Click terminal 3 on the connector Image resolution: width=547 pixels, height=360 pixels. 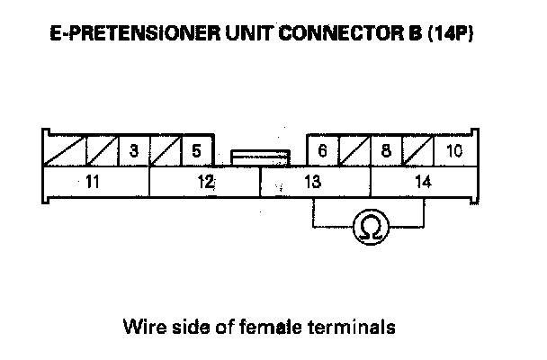coord(133,150)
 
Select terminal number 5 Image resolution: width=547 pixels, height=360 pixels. coord(196,150)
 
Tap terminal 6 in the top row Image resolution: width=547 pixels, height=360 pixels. coord(322,150)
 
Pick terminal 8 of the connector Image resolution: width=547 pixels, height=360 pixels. coord(385,150)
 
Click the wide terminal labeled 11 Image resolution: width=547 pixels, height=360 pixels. coord(92,182)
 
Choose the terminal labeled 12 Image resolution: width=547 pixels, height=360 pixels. coord(205,182)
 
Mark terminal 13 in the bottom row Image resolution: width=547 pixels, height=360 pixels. coord(314,182)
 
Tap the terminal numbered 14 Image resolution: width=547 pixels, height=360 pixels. coord(423,182)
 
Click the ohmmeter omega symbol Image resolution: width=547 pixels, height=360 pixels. coord(368,228)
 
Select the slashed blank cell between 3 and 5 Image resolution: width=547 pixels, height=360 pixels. coord(165,150)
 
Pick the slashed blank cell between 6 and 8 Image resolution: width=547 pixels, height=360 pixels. coord(354,150)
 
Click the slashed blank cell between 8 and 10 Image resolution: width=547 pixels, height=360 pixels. coord(417,150)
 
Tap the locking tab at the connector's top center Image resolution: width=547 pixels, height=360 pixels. coord(260,157)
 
